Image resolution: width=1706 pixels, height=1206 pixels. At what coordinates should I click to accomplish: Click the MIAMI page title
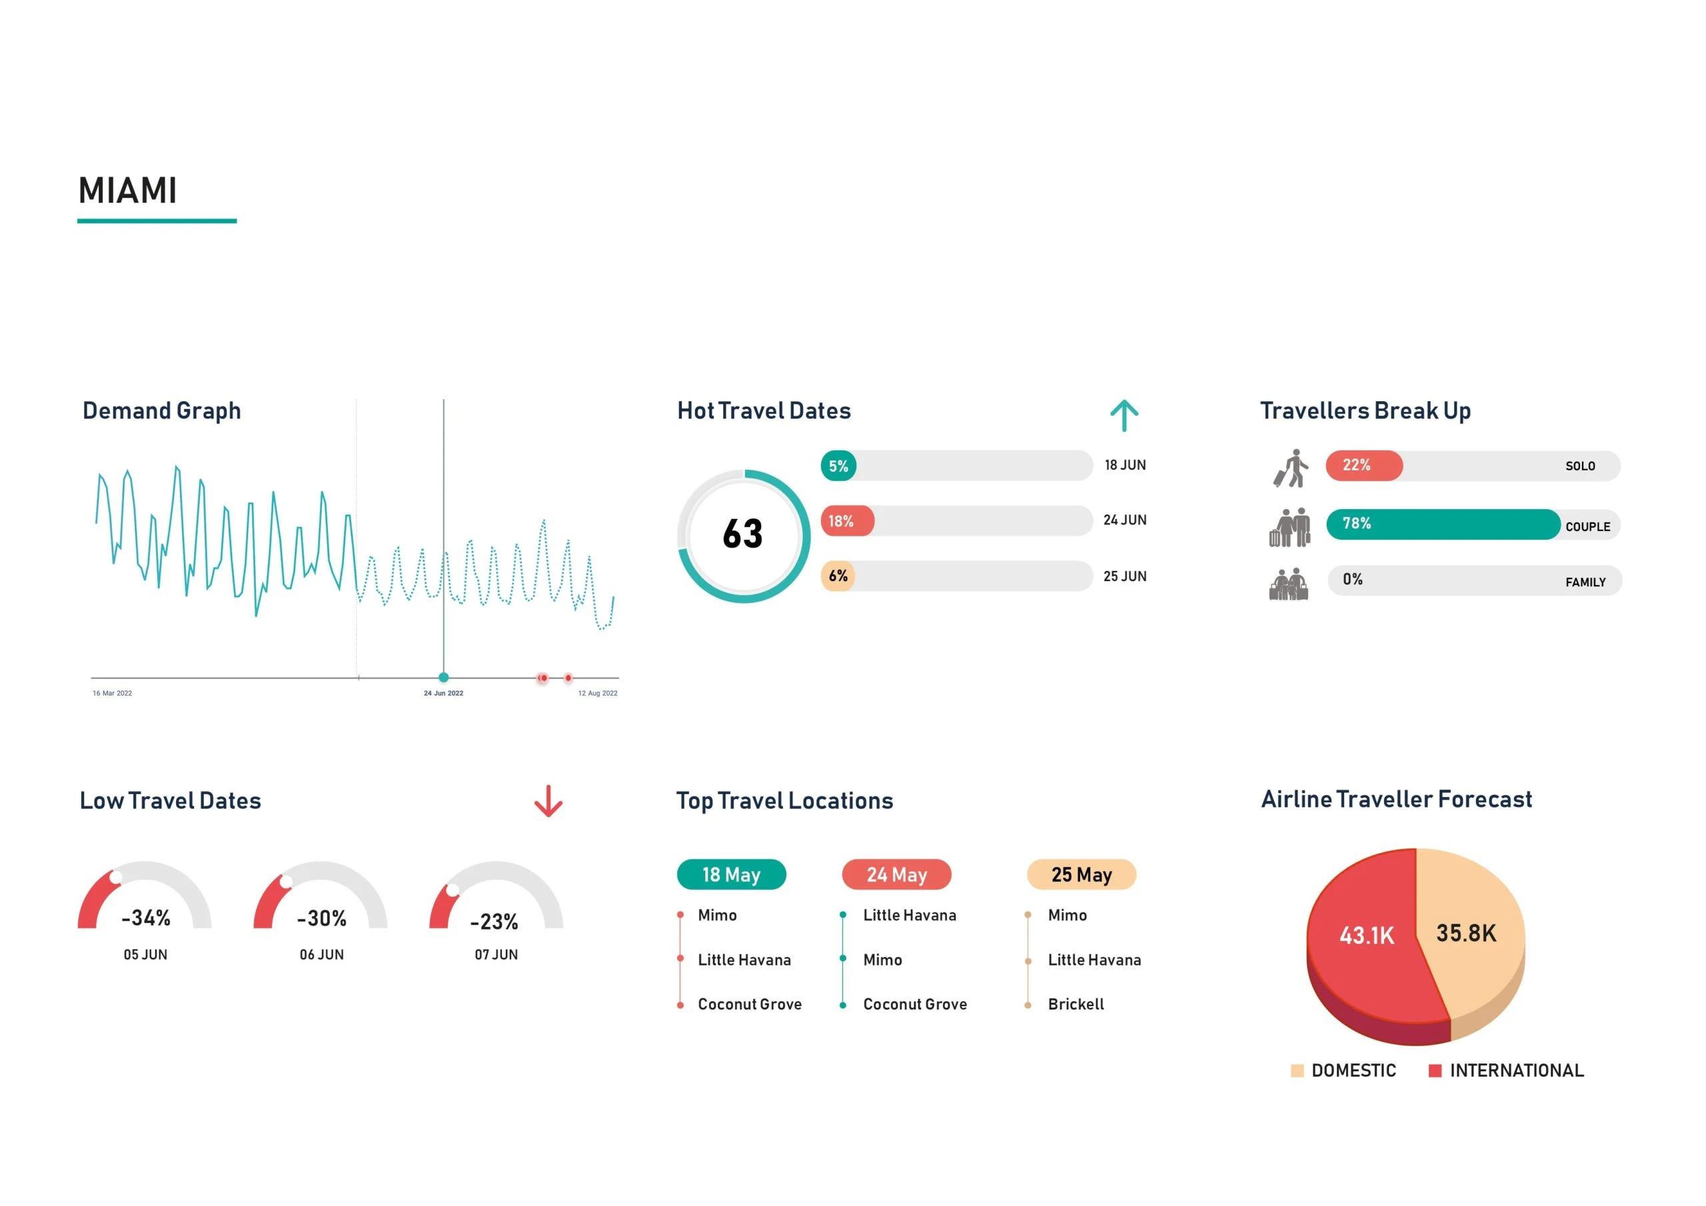[x=128, y=191]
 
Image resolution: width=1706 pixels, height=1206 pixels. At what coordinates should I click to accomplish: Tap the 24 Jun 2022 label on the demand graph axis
[x=443, y=693]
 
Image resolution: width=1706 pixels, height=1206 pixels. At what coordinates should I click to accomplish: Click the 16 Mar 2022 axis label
[x=112, y=693]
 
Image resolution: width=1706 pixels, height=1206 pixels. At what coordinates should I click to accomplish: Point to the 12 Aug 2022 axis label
[x=597, y=693]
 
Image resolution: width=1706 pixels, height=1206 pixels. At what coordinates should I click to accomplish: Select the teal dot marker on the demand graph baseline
[x=444, y=677]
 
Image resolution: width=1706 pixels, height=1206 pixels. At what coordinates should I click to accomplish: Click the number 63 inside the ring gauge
[x=742, y=534]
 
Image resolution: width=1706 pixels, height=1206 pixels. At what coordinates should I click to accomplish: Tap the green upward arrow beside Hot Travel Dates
[x=1124, y=415]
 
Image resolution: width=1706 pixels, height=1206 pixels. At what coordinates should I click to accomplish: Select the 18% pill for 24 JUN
[x=846, y=521]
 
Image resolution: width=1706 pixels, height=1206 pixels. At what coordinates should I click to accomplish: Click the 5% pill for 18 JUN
[x=838, y=466]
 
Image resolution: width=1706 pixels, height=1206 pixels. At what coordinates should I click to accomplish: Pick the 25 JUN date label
[x=1124, y=576]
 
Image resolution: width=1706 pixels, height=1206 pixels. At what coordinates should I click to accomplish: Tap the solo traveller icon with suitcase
[x=1291, y=468]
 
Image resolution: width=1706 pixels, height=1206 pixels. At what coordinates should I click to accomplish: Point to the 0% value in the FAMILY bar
[x=1352, y=579]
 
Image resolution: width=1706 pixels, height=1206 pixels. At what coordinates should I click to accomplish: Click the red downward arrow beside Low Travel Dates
[x=548, y=801]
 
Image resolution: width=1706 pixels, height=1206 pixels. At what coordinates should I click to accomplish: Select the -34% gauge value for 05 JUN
[x=147, y=917]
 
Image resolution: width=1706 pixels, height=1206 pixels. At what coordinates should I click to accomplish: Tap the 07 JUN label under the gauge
[x=496, y=954]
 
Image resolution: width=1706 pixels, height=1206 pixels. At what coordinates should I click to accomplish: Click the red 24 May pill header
[x=896, y=875]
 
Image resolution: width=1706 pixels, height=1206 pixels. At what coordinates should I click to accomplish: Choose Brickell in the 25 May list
[x=1075, y=1004]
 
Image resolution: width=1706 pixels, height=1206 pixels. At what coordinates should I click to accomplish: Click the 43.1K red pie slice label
[x=1366, y=935]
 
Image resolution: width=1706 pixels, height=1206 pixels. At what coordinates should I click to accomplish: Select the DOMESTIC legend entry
[x=1343, y=1070]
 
